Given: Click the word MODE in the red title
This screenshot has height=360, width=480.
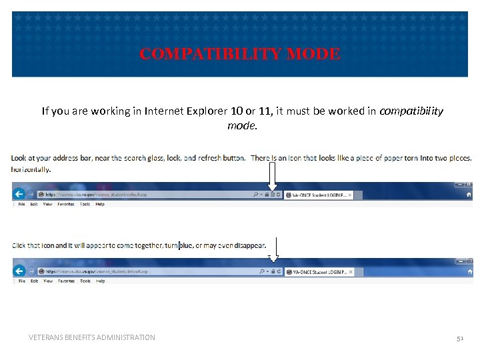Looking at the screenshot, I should tap(313, 55).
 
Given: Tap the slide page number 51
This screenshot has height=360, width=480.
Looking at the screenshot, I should tap(459, 338).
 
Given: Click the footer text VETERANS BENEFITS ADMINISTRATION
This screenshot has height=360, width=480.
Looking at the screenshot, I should tap(92, 337).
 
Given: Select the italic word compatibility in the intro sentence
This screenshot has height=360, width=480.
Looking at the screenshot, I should tap(411, 111).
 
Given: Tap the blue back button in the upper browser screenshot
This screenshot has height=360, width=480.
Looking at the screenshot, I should tap(19, 194).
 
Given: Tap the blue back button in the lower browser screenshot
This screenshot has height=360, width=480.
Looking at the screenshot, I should tap(19, 271).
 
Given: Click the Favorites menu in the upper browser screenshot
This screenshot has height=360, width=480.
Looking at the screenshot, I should tap(66, 204).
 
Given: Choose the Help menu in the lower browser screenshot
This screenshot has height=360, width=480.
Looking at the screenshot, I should tap(100, 281).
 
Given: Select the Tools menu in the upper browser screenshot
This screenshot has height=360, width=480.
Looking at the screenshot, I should tap(85, 204).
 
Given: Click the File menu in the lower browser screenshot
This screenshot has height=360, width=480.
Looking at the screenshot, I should tap(22, 281).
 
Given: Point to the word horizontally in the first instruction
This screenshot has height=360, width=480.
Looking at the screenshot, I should tap(31, 169).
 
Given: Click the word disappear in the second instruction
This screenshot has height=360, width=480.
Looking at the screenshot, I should tap(249, 245).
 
